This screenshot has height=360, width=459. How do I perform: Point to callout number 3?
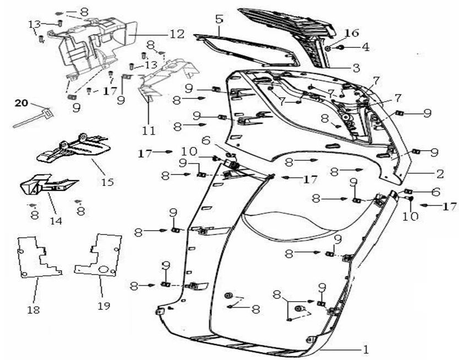[356, 68]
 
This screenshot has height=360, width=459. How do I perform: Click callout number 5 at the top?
[219, 19]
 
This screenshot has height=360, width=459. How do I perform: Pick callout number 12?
[177, 35]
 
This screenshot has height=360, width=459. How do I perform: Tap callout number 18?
[34, 310]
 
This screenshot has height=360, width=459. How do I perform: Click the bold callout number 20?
[20, 103]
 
